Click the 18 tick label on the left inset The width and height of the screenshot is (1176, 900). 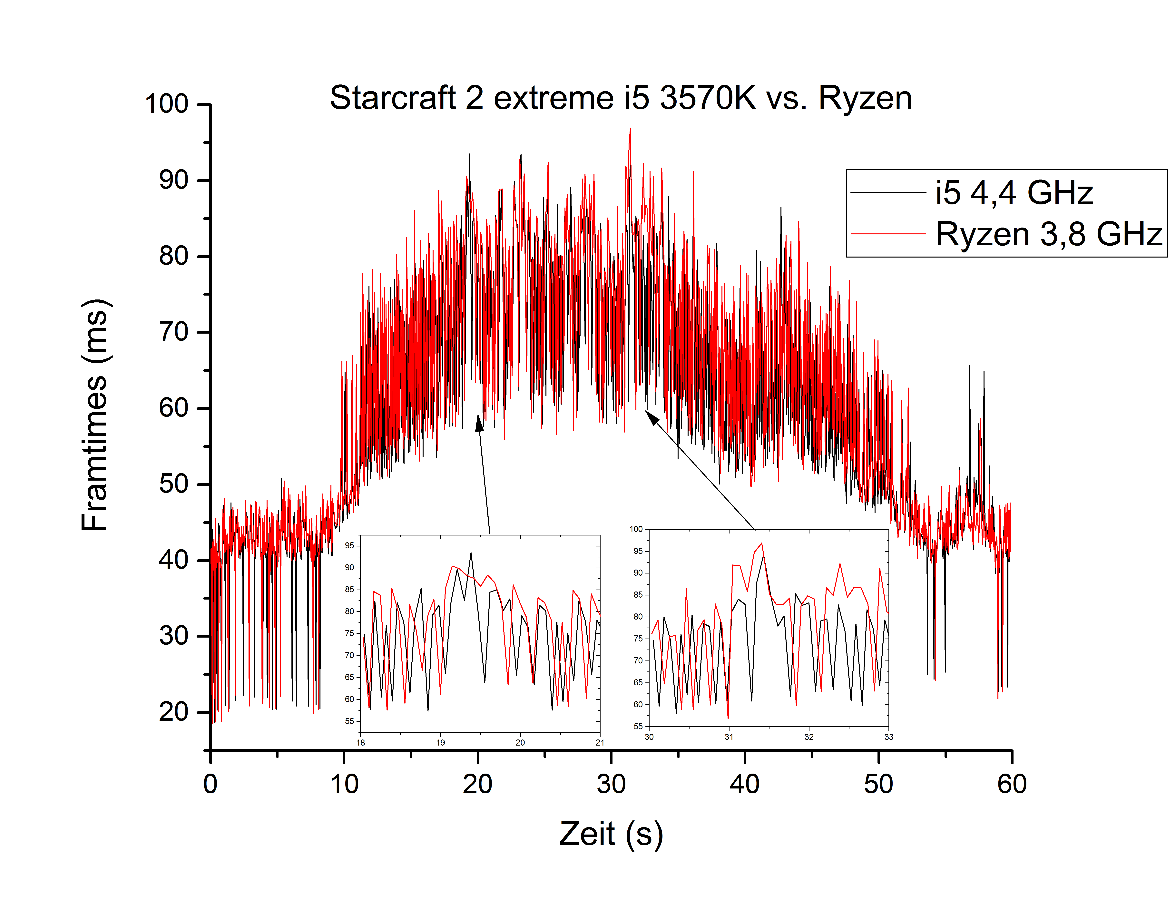[x=361, y=742]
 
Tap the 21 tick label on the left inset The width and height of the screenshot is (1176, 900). [x=600, y=742]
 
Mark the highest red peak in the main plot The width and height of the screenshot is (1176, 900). [x=630, y=129]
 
